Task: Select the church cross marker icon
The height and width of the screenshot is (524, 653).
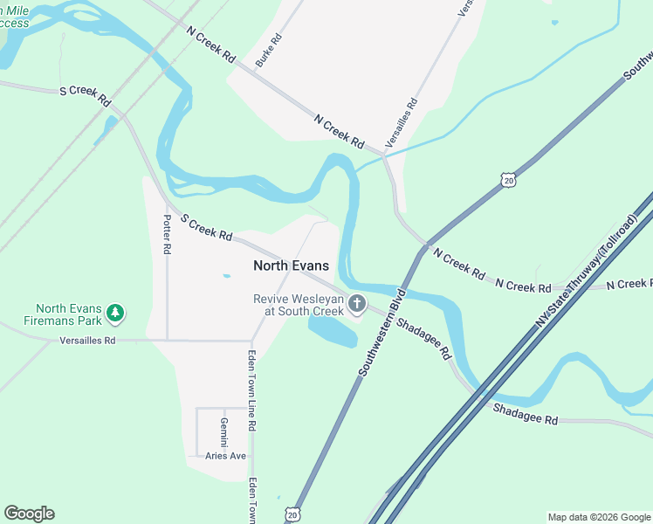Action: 356,304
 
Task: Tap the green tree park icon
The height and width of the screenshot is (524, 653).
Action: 115,313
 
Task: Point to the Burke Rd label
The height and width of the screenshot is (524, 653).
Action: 270,52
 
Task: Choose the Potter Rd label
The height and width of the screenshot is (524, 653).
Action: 167,234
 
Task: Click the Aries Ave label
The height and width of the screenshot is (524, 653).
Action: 226,456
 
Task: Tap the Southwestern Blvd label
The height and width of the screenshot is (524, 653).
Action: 382,332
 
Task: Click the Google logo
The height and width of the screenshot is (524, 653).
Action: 29,514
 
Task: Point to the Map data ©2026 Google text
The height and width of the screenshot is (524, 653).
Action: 599,517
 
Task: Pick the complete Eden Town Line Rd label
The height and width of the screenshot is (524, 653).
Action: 251,390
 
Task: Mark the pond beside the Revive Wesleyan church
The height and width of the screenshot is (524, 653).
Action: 333,331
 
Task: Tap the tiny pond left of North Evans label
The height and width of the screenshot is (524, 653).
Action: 227,276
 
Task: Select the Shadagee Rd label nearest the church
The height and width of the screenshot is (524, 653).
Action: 423,339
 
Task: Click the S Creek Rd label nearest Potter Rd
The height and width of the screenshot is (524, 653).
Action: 206,230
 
